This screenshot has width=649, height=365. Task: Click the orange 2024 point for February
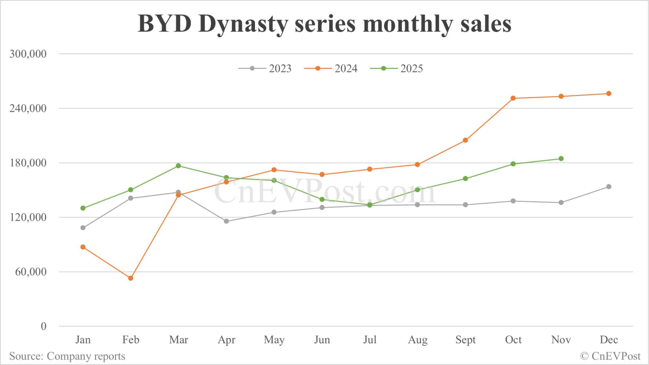[131, 278]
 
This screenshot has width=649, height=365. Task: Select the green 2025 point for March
[178, 166]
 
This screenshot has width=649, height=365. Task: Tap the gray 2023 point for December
[609, 186]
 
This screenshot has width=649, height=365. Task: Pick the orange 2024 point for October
[513, 98]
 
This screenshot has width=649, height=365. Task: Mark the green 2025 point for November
[561, 159]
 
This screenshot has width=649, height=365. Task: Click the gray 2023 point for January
[83, 228]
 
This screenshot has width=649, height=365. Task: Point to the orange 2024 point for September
[465, 140]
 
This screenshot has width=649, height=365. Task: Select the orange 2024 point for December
[609, 93]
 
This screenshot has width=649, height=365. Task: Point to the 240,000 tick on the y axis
[28, 108]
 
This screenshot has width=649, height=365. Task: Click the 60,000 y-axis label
[31, 272]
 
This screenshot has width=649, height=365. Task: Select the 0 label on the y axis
[43, 326]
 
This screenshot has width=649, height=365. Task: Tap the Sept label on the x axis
[465, 340]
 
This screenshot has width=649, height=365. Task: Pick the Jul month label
[369, 340]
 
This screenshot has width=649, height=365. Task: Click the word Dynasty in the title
[243, 24]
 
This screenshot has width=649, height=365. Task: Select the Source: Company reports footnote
[67, 356]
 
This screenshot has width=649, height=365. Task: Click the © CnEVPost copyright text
[610, 356]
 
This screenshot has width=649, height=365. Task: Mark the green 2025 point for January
[83, 208]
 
